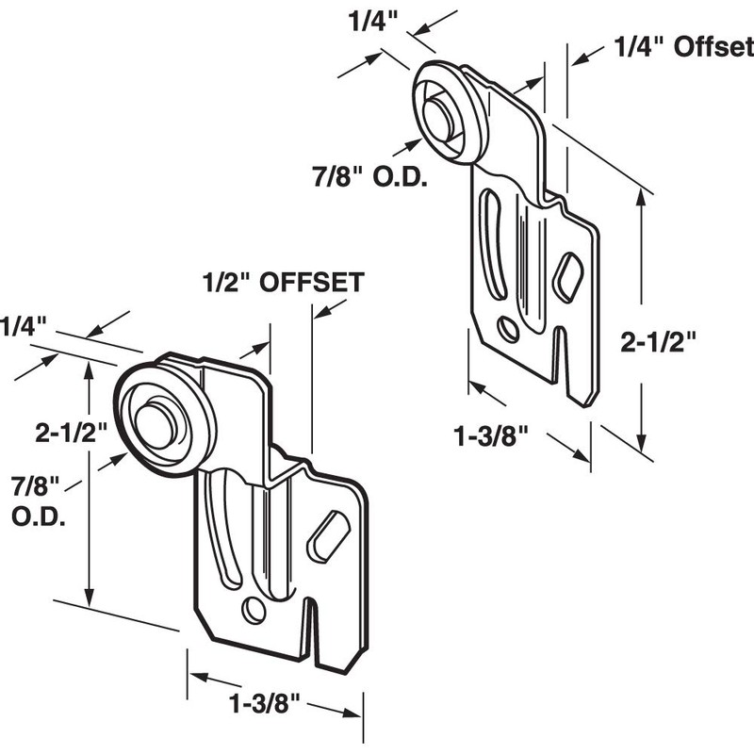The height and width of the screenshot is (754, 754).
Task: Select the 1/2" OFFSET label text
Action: (283, 282)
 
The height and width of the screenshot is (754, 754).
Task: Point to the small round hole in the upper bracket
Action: (508, 330)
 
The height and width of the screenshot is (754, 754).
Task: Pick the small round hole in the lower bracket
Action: (253, 610)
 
